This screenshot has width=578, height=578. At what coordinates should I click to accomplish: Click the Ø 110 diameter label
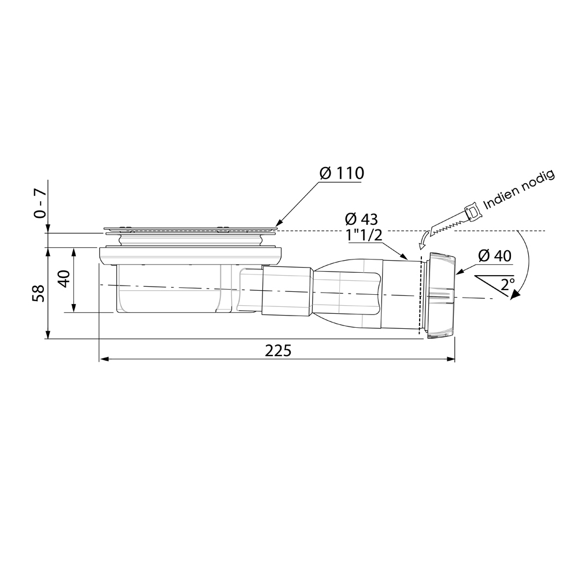[x=342, y=173]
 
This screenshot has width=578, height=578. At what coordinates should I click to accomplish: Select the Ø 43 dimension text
[x=362, y=219]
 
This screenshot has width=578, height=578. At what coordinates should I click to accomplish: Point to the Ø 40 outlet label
[x=495, y=256]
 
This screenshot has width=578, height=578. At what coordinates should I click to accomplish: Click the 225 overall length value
[x=278, y=351]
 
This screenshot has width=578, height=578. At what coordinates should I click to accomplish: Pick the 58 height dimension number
[x=39, y=293]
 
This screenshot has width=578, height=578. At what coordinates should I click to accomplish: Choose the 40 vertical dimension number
[x=65, y=279]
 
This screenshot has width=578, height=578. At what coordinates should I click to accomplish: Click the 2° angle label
[x=507, y=284]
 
